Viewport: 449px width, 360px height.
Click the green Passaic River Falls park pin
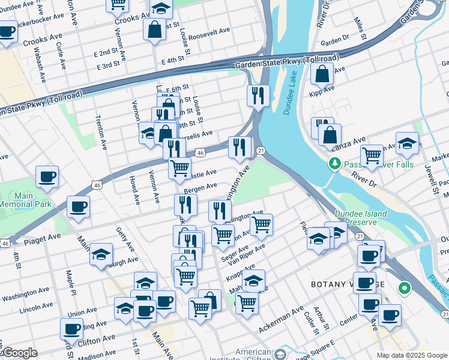(334, 163)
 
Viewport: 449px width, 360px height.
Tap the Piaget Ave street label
(42, 238)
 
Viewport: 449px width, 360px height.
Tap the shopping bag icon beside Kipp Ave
(322, 74)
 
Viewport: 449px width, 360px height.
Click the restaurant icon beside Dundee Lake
(258, 95)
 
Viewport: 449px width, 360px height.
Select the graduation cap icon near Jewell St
(407, 143)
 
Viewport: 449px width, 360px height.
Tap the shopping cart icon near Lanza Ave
(372, 155)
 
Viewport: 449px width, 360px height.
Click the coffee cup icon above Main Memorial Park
(47, 176)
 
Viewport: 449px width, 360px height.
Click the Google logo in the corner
(20, 353)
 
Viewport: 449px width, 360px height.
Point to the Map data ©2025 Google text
(411, 355)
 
